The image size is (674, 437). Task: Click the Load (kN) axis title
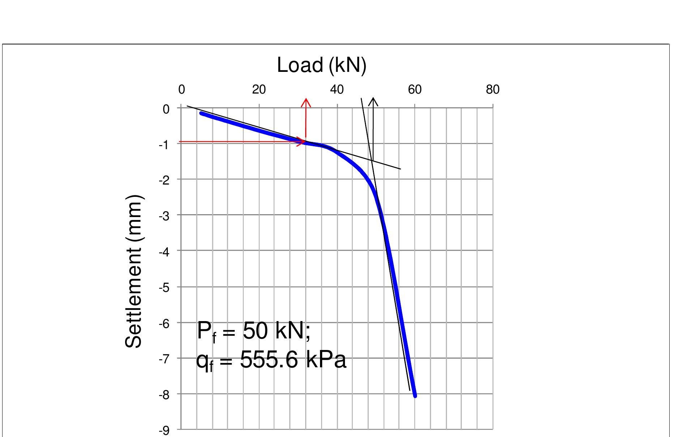321,65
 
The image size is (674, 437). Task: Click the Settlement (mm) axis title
134,272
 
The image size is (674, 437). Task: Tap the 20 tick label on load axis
259,90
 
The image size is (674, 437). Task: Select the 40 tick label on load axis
337,90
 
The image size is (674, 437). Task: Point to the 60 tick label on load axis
415,90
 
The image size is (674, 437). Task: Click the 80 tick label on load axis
492,90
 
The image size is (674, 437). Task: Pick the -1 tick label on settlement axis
164,145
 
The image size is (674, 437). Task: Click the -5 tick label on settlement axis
164,288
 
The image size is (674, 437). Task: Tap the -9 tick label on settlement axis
164,430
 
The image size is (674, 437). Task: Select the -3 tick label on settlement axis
164,216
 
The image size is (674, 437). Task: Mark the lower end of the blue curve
415,396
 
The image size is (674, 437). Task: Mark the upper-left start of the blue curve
201,113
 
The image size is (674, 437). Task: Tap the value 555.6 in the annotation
269,360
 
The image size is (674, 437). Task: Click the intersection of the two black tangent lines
372,160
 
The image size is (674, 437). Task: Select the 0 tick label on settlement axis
166,109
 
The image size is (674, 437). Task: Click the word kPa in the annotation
326,360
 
